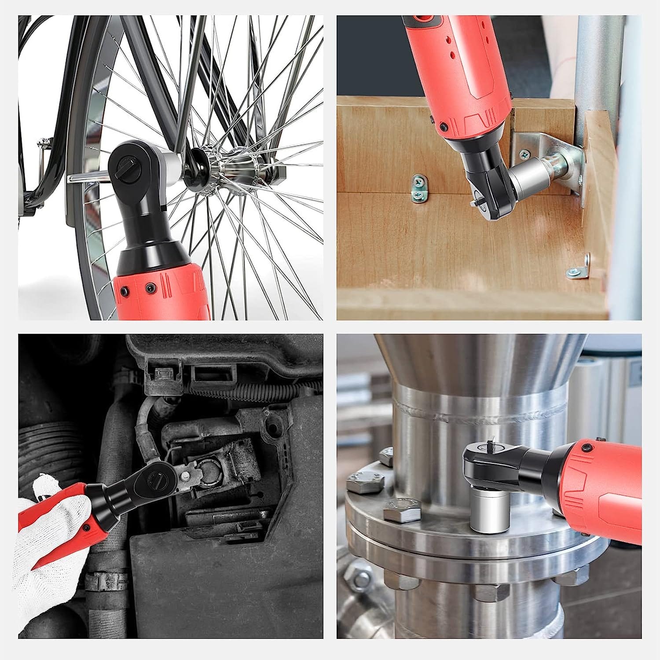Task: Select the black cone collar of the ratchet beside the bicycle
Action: pos(154,255)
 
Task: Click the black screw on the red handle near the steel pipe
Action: pos(586,448)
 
